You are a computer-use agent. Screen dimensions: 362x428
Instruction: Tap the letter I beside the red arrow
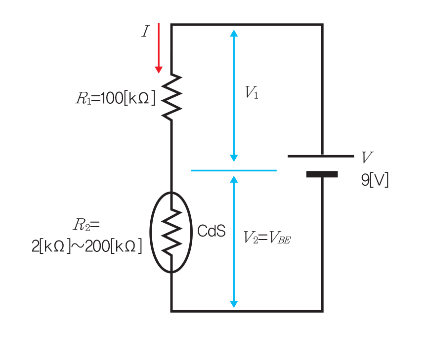(145, 33)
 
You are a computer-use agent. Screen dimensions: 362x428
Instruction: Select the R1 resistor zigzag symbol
(171, 97)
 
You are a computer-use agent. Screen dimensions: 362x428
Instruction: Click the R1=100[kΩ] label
(115, 98)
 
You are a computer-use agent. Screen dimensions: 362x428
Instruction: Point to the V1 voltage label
(252, 93)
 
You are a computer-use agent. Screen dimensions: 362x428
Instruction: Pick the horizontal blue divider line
(233, 170)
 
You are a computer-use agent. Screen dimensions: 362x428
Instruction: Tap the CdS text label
(211, 231)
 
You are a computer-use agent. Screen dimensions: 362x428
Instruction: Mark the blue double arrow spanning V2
(234, 242)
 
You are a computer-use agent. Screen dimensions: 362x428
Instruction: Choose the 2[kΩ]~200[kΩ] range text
(87, 245)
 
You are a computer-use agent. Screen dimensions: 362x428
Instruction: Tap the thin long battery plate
(320, 156)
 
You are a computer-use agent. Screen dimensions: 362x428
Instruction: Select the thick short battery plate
(322, 174)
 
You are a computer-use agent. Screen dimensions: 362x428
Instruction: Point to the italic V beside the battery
(367, 158)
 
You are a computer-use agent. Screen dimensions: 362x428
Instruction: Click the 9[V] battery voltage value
(375, 180)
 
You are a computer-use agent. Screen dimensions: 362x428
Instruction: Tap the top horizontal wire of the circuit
(247, 24)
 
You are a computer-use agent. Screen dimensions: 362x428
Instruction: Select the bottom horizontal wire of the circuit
(247, 311)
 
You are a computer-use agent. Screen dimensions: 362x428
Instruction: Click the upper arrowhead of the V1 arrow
(234, 34)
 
